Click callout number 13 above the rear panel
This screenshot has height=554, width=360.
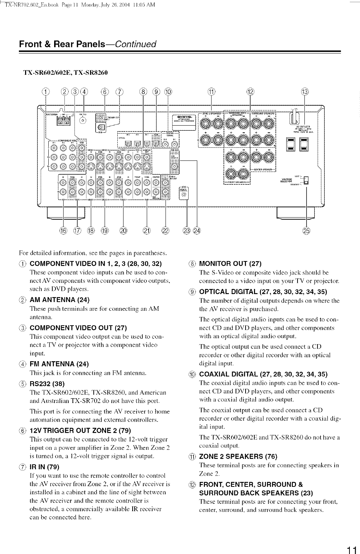[304, 91]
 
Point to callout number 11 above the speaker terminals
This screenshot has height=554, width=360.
[211, 91]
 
